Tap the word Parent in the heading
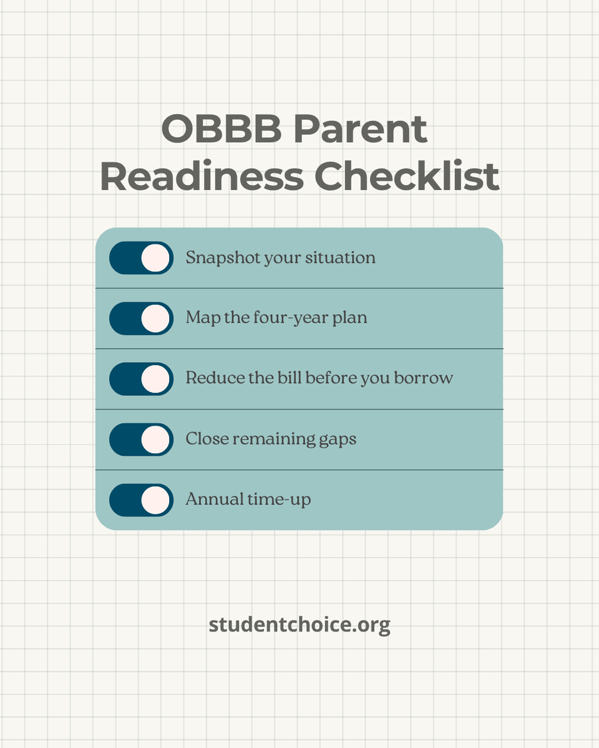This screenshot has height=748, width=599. tap(360, 130)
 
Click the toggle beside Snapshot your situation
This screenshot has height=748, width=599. tap(141, 258)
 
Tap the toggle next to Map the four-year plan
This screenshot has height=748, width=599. tap(141, 319)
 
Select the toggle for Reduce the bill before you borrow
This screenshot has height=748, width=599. tap(141, 379)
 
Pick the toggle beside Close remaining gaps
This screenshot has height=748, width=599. tap(141, 439)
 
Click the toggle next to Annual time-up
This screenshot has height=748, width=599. tap(141, 500)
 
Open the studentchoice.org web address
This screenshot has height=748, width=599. tap(299, 625)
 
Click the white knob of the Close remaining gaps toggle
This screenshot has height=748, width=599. tap(155, 439)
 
